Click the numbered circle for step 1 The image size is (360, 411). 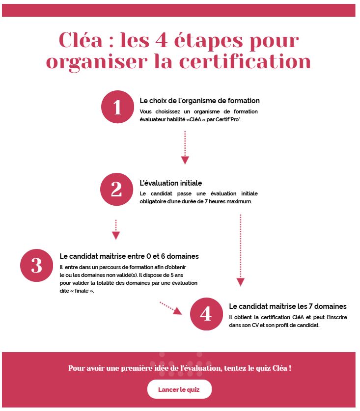click(x=117, y=107)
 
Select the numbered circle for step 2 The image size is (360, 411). click(x=116, y=189)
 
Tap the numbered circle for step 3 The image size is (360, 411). click(x=36, y=265)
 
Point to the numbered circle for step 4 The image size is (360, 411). click(x=206, y=313)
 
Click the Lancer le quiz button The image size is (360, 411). click(x=179, y=389)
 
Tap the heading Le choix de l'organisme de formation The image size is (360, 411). click(x=199, y=101)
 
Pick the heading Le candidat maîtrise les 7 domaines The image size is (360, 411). click(x=287, y=306)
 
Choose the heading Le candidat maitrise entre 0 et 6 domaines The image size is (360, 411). click(x=129, y=256)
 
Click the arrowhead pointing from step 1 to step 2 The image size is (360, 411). click(x=185, y=160)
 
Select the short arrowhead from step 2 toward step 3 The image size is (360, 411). click(x=116, y=235)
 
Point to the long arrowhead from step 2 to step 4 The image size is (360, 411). click(x=240, y=282)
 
